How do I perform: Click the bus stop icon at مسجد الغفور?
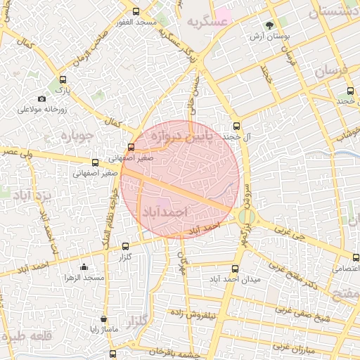click(136, 11)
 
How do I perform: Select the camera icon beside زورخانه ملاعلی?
click(41, 98)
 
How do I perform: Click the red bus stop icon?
click(131, 147)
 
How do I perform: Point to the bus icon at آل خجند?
click(236, 125)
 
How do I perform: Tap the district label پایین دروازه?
click(180, 136)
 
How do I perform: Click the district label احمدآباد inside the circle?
click(166, 211)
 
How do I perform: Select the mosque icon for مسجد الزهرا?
click(84, 266)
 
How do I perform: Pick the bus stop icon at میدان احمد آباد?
click(236, 269)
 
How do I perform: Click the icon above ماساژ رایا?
click(104, 319)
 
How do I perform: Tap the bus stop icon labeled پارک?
click(64, 79)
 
